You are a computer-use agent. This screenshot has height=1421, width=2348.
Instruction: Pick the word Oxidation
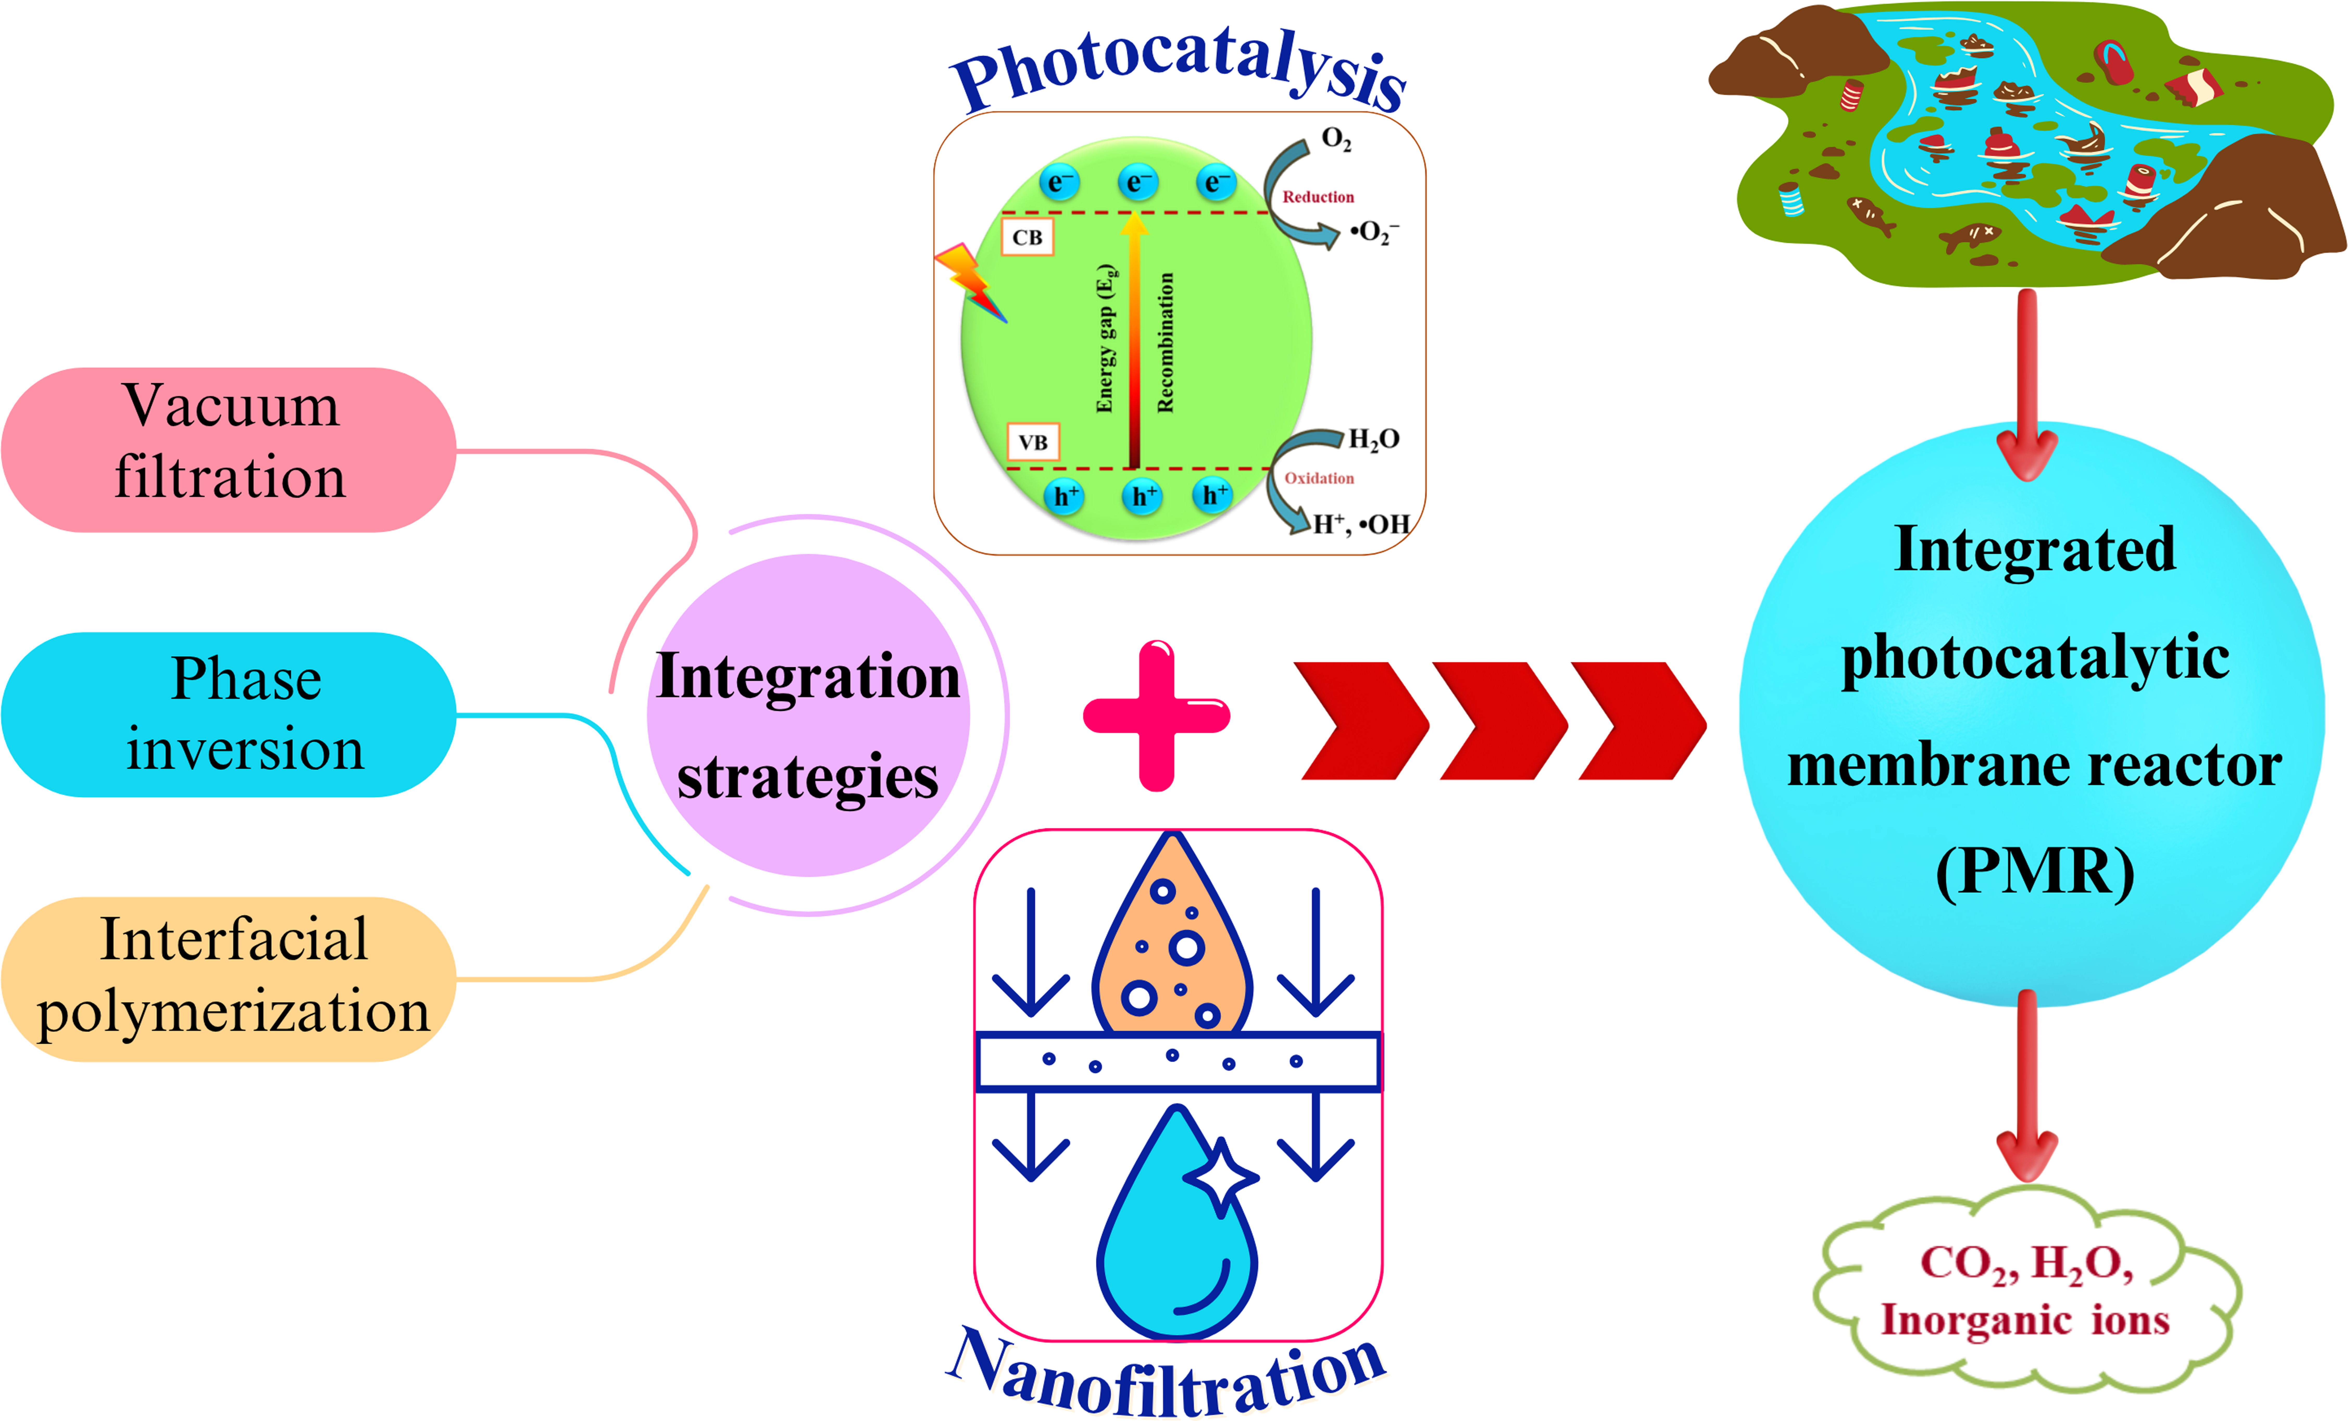pyautogui.click(x=1319, y=479)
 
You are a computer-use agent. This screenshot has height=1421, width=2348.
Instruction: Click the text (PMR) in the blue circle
pyautogui.click(x=2034, y=872)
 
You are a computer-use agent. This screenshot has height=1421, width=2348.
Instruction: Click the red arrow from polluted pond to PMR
pyautogui.click(x=2027, y=381)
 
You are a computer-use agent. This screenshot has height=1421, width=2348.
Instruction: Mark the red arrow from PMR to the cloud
pyautogui.click(x=2027, y=1086)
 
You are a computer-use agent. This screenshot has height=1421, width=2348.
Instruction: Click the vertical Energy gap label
pyautogui.click(x=1105, y=338)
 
